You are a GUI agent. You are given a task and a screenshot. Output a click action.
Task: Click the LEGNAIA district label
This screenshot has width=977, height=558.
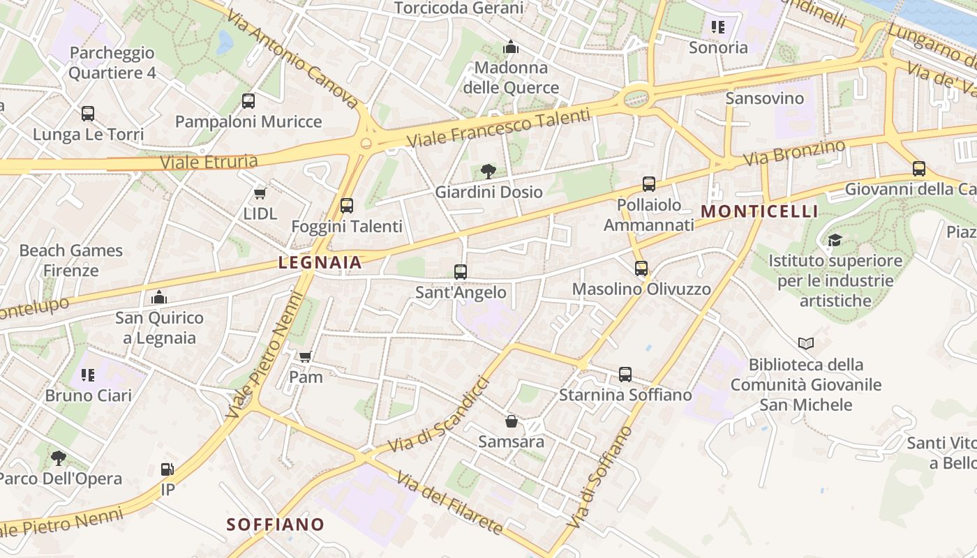point(320,263)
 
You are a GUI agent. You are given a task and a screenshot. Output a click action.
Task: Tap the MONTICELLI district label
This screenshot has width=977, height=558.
point(759,211)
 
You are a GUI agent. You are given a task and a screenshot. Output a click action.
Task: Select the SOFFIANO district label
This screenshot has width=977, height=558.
point(276,525)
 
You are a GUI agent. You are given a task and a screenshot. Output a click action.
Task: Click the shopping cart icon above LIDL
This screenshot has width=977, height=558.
point(260,193)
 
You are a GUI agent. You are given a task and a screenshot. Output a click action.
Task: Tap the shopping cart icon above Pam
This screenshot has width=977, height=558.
point(305,357)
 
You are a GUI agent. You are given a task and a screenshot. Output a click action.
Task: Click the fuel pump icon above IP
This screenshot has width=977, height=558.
point(167,469)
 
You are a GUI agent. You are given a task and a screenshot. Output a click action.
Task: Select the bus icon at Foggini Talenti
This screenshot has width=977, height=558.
point(347,206)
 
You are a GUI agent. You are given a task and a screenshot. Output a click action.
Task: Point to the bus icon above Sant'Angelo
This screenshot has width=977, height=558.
point(461,272)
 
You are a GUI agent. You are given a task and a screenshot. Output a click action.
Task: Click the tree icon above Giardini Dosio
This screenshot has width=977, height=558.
point(488,171)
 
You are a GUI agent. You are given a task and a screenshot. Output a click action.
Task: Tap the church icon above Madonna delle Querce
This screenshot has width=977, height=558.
point(511,47)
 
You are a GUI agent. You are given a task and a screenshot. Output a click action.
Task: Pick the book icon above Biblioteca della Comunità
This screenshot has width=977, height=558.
point(806,343)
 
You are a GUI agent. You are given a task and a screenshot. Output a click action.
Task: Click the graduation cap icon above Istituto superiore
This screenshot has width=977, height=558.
point(835,241)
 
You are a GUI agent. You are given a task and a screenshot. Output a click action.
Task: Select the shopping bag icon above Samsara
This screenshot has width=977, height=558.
point(512,421)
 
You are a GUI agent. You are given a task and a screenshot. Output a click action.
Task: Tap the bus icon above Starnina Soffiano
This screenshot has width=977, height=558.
point(625,375)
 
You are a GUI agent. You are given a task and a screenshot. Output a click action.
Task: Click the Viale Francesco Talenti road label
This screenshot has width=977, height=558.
point(498,128)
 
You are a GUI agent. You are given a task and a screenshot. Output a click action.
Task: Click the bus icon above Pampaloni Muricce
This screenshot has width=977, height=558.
point(248,101)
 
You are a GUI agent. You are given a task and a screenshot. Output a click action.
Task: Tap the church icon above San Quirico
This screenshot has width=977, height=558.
point(159,298)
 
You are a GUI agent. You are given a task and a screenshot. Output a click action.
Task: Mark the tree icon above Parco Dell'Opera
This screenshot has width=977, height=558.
point(59,458)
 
